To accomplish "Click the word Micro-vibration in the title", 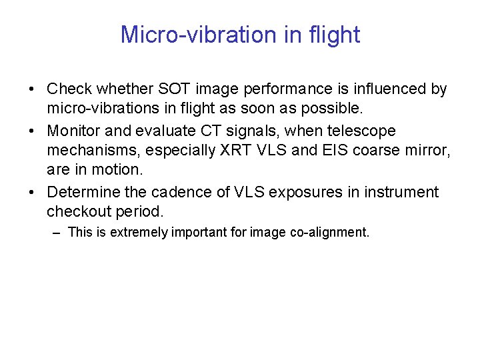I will coord(194,35).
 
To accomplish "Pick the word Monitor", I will coord(74,131).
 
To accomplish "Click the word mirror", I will coord(428,150).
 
